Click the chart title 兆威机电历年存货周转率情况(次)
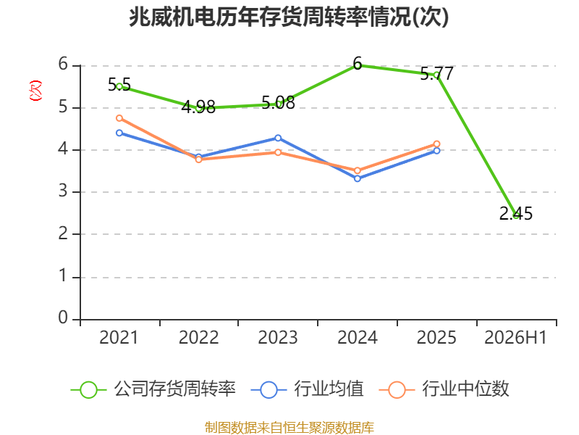[x=289, y=17]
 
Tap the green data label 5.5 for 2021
[x=119, y=85]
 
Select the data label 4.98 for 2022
[x=198, y=107]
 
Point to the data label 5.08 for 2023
[x=278, y=102]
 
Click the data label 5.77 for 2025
[x=437, y=74]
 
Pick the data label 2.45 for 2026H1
[x=516, y=213]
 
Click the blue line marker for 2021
[x=119, y=133]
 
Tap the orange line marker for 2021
[x=119, y=118]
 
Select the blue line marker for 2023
[x=278, y=138]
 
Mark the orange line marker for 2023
[x=278, y=152]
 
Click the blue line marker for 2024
[x=358, y=178]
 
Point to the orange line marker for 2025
[x=437, y=144]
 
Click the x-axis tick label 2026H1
[x=515, y=337]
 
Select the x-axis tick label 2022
[x=198, y=337]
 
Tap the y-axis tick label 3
[x=63, y=191]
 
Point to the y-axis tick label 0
[x=63, y=318]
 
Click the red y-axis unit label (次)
[x=35, y=91]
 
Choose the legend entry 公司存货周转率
[x=153, y=389]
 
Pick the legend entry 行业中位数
[x=444, y=389]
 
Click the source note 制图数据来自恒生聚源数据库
[x=289, y=427]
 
